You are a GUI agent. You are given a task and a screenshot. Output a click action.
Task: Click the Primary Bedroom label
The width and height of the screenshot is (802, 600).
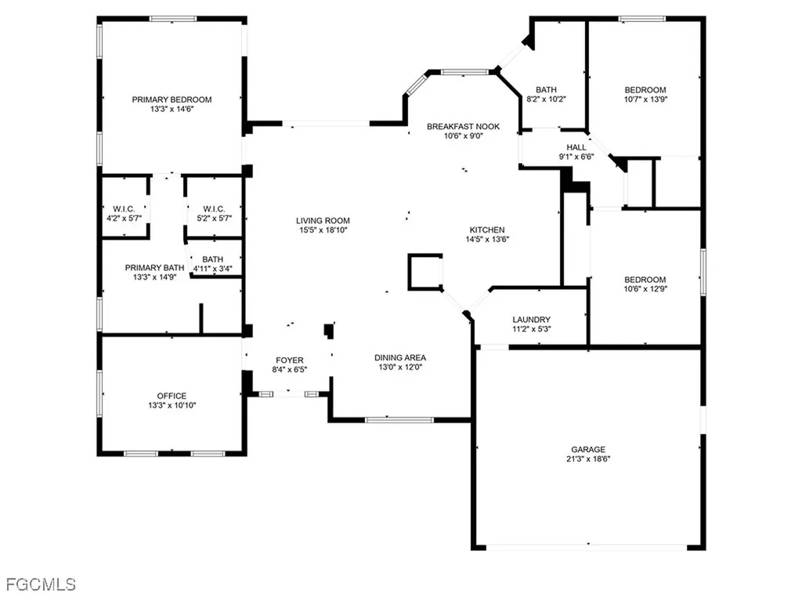(x=172, y=99)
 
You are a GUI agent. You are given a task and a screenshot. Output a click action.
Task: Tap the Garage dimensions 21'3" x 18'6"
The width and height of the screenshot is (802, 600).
(x=590, y=459)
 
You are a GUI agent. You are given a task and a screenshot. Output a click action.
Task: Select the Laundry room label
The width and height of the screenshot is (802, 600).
(x=531, y=320)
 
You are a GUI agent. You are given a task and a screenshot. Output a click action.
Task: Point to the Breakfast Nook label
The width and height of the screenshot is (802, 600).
(x=463, y=126)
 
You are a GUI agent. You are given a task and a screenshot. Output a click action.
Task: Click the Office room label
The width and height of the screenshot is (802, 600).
(x=172, y=396)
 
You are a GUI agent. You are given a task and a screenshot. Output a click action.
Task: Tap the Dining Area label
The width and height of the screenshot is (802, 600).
(x=402, y=358)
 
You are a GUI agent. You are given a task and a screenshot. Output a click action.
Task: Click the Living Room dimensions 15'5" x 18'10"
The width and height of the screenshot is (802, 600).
(x=323, y=231)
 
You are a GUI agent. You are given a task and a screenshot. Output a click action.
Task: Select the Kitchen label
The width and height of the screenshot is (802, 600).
(x=487, y=230)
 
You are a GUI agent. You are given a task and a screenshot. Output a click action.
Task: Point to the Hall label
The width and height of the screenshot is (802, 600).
(x=576, y=146)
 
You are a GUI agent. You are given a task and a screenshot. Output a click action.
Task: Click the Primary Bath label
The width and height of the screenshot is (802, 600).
(x=154, y=267)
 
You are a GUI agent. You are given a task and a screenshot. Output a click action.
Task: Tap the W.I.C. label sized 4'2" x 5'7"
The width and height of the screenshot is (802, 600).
(x=125, y=208)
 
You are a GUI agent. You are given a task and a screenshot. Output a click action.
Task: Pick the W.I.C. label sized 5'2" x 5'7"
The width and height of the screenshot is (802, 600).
(x=212, y=208)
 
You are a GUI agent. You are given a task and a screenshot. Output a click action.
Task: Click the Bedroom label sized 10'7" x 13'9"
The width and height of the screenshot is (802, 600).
(x=645, y=89)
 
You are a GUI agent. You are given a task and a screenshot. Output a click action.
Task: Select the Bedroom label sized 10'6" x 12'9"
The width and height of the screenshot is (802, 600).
(x=645, y=280)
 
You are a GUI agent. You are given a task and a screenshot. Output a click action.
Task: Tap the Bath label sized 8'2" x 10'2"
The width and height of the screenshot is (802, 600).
(x=546, y=89)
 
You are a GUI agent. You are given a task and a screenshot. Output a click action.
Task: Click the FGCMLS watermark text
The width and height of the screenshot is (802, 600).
(x=40, y=584)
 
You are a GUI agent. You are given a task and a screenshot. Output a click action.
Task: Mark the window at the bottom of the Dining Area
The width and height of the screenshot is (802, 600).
(x=399, y=421)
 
